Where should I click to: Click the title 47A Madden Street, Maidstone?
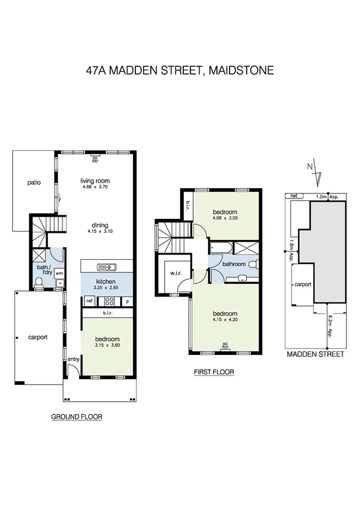(180, 70)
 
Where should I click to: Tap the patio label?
(34, 182)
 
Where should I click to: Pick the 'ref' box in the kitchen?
(89, 300)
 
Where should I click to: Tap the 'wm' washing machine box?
(59, 272)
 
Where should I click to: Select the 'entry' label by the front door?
(73, 359)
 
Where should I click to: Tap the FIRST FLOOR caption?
(213, 372)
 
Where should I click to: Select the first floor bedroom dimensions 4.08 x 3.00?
(225, 220)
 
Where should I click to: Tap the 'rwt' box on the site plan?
(294, 196)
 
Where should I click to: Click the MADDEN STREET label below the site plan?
(315, 354)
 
